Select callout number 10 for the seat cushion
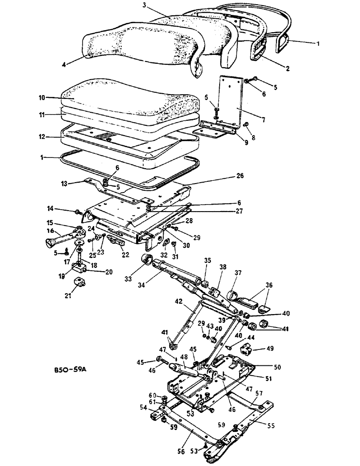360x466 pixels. [x=42, y=98]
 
